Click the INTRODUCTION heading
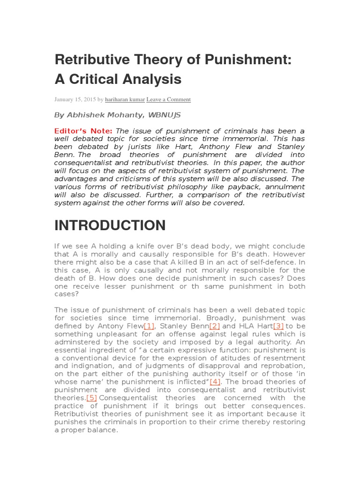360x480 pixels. (x=110, y=225)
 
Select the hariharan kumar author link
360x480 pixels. (x=125, y=99)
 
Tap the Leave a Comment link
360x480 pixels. (x=168, y=99)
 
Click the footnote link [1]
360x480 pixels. (x=149, y=326)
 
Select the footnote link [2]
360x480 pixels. (x=215, y=326)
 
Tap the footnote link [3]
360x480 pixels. (x=278, y=326)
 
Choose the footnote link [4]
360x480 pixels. (x=215, y=382)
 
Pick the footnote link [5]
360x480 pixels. (x=92, y=397)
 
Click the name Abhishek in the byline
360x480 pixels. (x=85, y=115)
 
